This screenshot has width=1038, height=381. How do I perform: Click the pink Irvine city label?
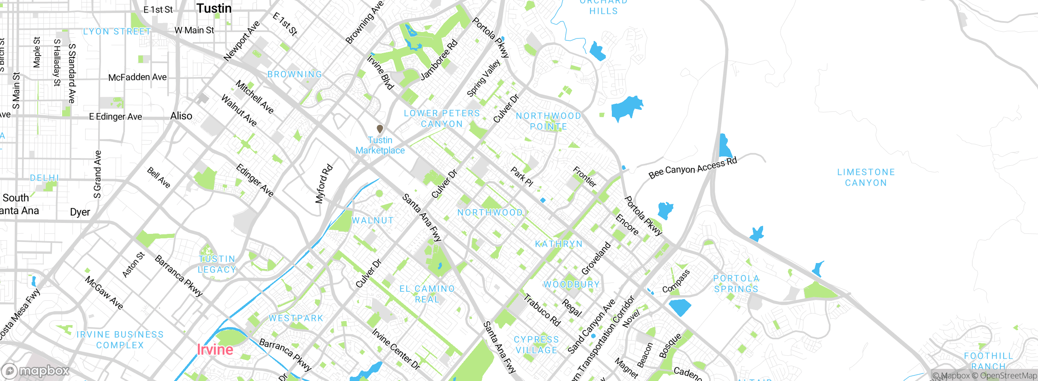pos(215,349)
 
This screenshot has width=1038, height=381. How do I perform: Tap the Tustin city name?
pos(214,8)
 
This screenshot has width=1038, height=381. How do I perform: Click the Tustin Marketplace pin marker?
pos(380,129)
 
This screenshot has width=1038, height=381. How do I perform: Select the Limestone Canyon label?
pos(866,178)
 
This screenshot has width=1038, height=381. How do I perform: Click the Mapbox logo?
pos(36,370)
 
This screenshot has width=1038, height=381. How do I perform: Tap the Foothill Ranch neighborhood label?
pos(988,361)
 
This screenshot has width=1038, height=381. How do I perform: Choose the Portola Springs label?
pos(736,284)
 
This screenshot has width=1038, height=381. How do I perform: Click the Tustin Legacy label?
pos(217,264)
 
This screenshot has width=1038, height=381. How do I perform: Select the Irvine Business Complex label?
pos(120,340)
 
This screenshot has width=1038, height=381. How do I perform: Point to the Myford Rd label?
pos(324,184)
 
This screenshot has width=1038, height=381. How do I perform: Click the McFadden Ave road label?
pos(137,77)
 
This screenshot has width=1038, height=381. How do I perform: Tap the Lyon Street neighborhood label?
pos(117,32)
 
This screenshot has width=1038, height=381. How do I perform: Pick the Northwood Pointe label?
pos(548,121)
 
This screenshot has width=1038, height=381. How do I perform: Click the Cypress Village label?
pos(536,345)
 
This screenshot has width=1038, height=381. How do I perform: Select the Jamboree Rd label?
pos(439,60)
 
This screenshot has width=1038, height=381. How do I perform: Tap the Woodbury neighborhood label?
pos(571,285)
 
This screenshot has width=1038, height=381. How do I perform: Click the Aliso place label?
pos(181,116)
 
